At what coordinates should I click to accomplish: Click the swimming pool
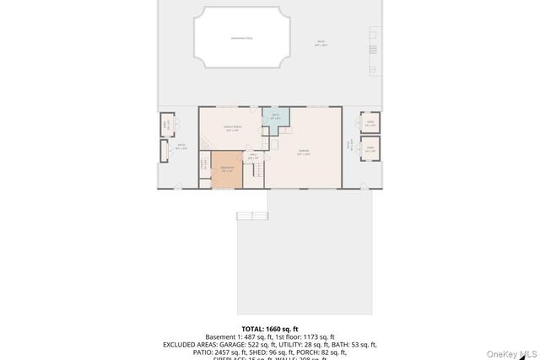coord(241,38)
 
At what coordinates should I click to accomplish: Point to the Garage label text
coord(304,153)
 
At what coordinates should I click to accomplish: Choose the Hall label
coord(252,155)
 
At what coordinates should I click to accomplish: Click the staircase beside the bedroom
coord(255,172)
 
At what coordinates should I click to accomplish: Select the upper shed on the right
coord(370,123)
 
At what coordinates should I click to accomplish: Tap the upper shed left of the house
coord(166,126)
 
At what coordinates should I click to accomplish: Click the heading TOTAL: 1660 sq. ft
coord(270,329)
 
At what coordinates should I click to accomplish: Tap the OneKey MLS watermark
coord(516,352)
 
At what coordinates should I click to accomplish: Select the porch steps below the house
coord(251,216)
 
